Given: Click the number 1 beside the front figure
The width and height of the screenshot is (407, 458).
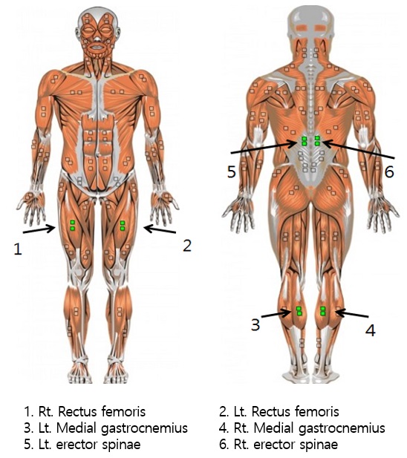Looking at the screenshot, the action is [18, 249].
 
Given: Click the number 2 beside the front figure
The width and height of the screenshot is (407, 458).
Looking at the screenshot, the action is [187, 246].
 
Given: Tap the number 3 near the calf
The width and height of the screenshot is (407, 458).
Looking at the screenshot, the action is [255, 324].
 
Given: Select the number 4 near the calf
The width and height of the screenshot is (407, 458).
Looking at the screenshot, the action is [371, 330].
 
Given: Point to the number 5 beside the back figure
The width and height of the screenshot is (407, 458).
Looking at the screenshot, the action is [232, 171].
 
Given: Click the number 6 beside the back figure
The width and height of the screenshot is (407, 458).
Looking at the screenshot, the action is [389, 171].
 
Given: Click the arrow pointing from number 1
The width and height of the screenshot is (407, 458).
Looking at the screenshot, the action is [39, 229].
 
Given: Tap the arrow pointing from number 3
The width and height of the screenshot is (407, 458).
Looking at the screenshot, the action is [276, 314].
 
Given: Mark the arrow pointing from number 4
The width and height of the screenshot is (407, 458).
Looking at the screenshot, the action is [352, 314].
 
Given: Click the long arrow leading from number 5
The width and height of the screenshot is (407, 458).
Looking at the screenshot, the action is [264, 147].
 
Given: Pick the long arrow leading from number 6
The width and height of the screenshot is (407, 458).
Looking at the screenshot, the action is [359, 149].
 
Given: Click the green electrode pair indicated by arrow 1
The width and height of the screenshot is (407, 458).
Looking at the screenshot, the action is [72, 226].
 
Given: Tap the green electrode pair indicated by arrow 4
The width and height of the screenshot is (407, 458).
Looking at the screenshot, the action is [323, 311].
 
